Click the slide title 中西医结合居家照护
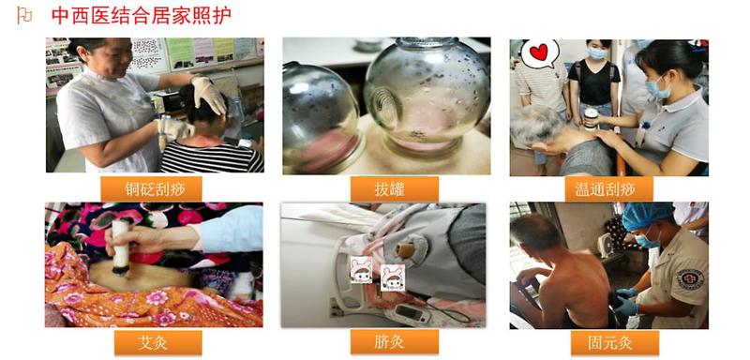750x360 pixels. point(142,15)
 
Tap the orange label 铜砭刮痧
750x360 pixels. point(151,189)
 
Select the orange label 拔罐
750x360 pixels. point(394,189)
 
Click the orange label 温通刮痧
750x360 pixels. point(608,189)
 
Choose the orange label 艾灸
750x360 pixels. point(157,343)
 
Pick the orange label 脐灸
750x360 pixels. point(394,343)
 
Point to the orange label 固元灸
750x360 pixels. point(615,343)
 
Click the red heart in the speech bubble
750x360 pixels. point(539,52)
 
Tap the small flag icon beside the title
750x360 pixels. point(24,15)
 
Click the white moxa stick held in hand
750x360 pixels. point(120,247)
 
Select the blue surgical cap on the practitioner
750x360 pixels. point(647,215)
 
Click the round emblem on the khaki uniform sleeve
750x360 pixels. point(690,278)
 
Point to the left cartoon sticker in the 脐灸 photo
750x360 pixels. point(361,270)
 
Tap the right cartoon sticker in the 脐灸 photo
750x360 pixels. point(393,277)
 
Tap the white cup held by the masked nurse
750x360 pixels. point(592,119)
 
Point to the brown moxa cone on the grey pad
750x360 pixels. point(404,249)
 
